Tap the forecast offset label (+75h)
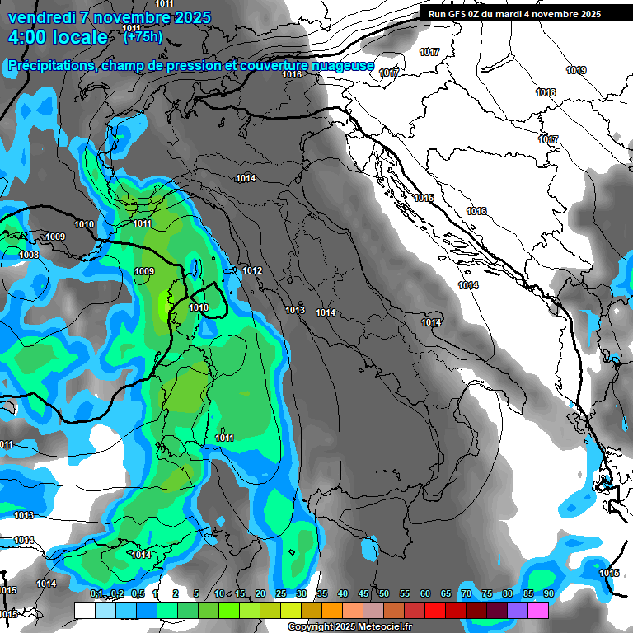142,37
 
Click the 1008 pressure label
29,256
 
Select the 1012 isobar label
252,271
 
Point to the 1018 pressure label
546,93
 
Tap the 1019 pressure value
576,71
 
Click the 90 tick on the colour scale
548,594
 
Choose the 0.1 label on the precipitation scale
96,594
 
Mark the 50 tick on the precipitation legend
383,594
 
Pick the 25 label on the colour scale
280,594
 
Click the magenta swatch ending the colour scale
538,610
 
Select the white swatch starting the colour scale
84,610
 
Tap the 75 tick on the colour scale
486,594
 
